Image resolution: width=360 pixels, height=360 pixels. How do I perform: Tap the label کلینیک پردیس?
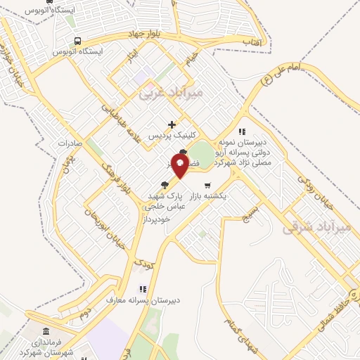coord(173,136)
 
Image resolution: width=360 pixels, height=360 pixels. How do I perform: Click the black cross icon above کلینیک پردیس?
coord(172,124)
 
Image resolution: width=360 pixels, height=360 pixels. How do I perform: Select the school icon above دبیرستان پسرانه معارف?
coord(143,288)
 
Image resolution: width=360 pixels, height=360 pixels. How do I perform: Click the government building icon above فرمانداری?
coord(46,332)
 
